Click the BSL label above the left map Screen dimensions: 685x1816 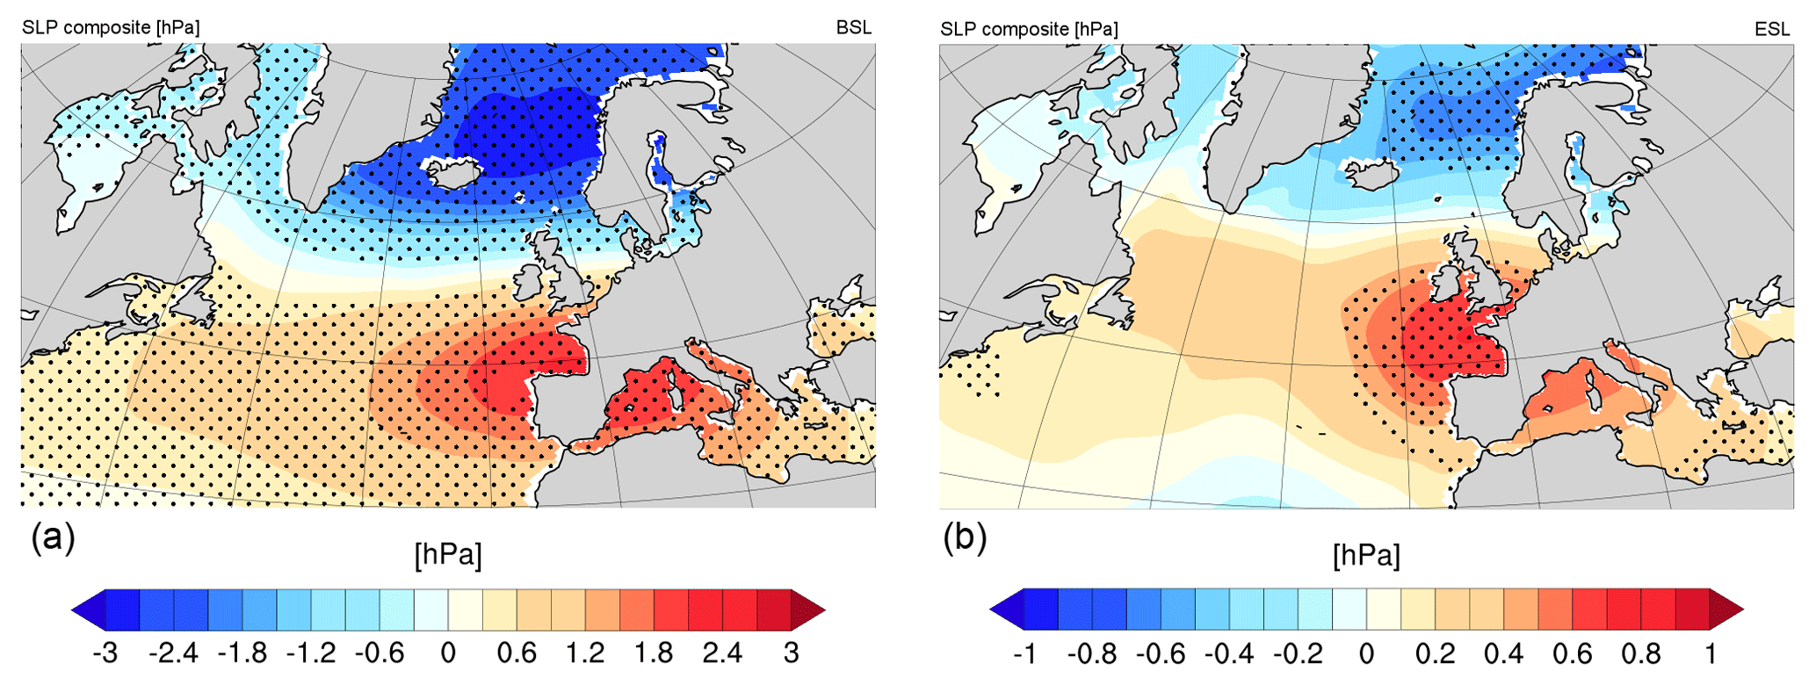pos(853,27)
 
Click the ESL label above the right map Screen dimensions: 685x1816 pos(1772,29)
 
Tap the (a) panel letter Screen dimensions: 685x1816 pos(53,537)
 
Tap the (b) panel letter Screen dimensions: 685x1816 pos(965,537)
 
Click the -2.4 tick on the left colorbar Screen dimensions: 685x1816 pos(173,653)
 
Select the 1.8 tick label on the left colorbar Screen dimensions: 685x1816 pos(654,653)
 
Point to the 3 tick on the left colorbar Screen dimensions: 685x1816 pos(792,653)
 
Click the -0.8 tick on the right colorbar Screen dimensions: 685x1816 pos(1092,654)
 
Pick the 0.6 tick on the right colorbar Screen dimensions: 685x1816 pos(1572,654)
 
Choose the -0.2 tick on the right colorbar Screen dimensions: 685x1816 pos(1298,654)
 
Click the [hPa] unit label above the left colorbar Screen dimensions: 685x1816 pos(448,555)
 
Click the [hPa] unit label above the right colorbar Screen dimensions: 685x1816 pos(1366,555)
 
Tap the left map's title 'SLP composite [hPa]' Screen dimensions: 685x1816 pos(111,27)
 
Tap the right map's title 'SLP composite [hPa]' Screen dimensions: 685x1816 pos(1029,29)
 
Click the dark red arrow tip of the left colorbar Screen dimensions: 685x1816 pos(808,609)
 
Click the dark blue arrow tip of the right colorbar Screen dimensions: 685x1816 pos(1007,609)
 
